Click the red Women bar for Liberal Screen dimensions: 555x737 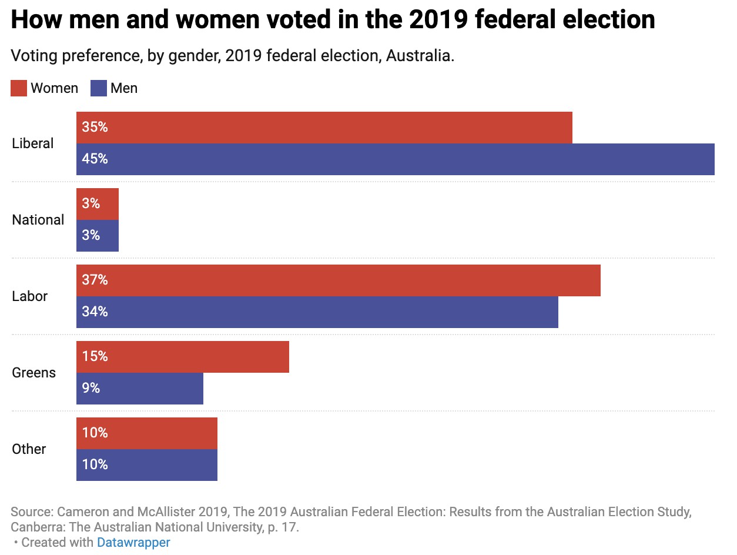pos(324,128)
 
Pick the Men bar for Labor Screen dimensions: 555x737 pos(317,312)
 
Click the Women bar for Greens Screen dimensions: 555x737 pos(183,357)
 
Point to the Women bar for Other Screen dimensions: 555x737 pos(147,433)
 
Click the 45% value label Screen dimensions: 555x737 pos(95,159)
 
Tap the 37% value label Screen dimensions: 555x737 pos(95,280)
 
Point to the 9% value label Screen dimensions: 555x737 pos(91,389)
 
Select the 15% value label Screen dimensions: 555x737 pos(95,357)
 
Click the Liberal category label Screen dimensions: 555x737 pos(33,143)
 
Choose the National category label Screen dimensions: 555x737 pos(38,220)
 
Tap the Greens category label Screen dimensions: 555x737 pos(34,373)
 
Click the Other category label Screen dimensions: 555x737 pos(29,449)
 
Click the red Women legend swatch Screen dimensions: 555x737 pos(19,89)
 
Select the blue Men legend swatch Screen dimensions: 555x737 pos(98,89)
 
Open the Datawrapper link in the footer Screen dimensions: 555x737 pos(133,542)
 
